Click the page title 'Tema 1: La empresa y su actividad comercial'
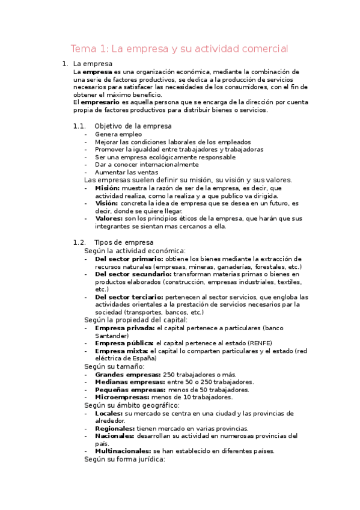pos(180,48)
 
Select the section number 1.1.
pos(79,126)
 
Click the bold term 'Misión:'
pos(107,188)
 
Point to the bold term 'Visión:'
pos(106,203)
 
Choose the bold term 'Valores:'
pos(109,219)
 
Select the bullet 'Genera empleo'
pos(118,134)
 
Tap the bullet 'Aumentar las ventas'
pos(126,172)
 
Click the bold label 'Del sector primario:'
pos(129,259)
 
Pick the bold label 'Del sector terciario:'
pos(129,297)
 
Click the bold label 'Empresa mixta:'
pos(121,351)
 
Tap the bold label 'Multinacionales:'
pos(123,450)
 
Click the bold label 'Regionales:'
pos(115,428)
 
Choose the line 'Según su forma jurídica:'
pos(124,459)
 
